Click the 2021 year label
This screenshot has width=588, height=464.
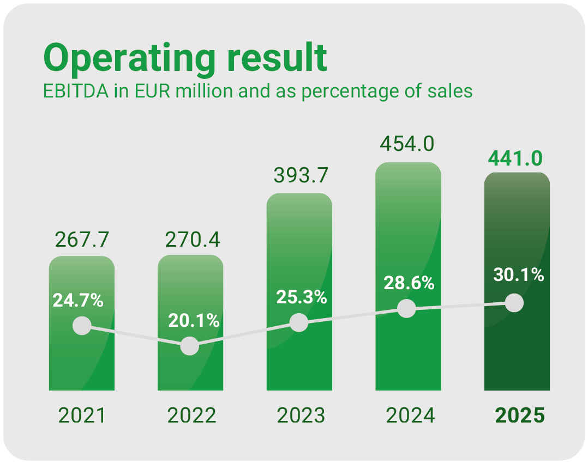82,416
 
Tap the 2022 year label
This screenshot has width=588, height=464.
191,416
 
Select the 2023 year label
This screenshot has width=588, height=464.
300,416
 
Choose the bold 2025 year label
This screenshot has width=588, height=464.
519,416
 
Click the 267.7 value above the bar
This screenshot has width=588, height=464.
82,239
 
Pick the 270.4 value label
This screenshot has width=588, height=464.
191,239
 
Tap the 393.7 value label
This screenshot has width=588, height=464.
300,176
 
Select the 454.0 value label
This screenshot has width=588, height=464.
409,144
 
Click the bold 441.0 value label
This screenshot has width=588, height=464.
516,158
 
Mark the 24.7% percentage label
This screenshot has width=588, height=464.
78,300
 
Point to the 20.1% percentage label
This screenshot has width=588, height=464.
194,321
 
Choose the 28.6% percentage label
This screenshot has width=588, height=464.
409,283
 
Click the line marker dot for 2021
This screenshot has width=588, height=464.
82,326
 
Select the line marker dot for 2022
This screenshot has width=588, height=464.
189,346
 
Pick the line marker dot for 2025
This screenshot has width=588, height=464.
514,302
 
